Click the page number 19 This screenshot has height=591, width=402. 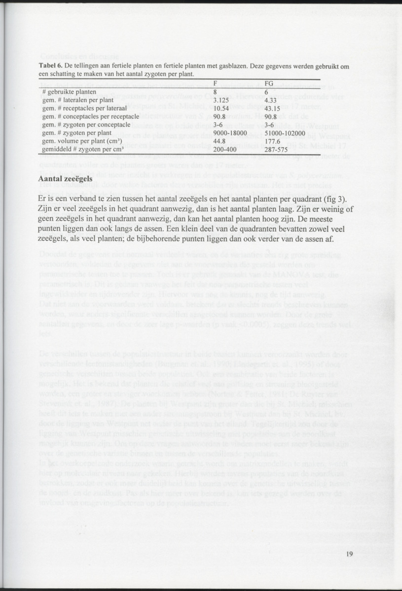pos(349,554)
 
